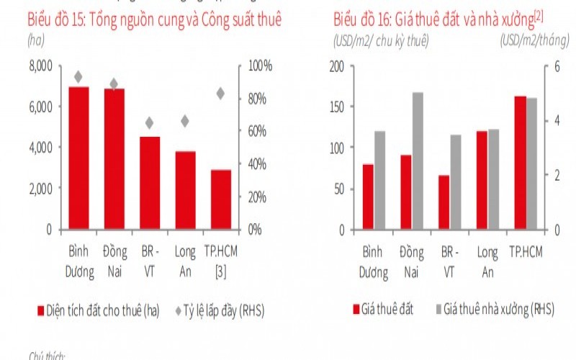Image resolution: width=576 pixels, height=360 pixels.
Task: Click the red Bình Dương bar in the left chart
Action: tap(78, 158)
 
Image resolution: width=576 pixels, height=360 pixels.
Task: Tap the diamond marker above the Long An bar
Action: tap(185, 121)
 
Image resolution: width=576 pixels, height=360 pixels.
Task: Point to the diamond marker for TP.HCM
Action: tap(220, 93)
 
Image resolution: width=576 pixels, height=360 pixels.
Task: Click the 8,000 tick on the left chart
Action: tap(40, 66)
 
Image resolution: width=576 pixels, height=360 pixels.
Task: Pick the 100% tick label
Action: tap(260, 66)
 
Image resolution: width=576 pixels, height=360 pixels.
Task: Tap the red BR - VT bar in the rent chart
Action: tap(444, 202)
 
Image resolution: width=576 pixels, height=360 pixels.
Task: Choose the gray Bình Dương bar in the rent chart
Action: tap(379, 180)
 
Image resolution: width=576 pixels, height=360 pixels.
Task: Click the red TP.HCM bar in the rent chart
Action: tap(520, 163)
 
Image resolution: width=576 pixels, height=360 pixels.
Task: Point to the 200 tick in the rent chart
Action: tap(337, 66)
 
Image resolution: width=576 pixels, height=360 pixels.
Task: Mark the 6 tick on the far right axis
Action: tap(556, 66)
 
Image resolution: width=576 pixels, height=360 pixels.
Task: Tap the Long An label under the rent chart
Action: tap(487, 261)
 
